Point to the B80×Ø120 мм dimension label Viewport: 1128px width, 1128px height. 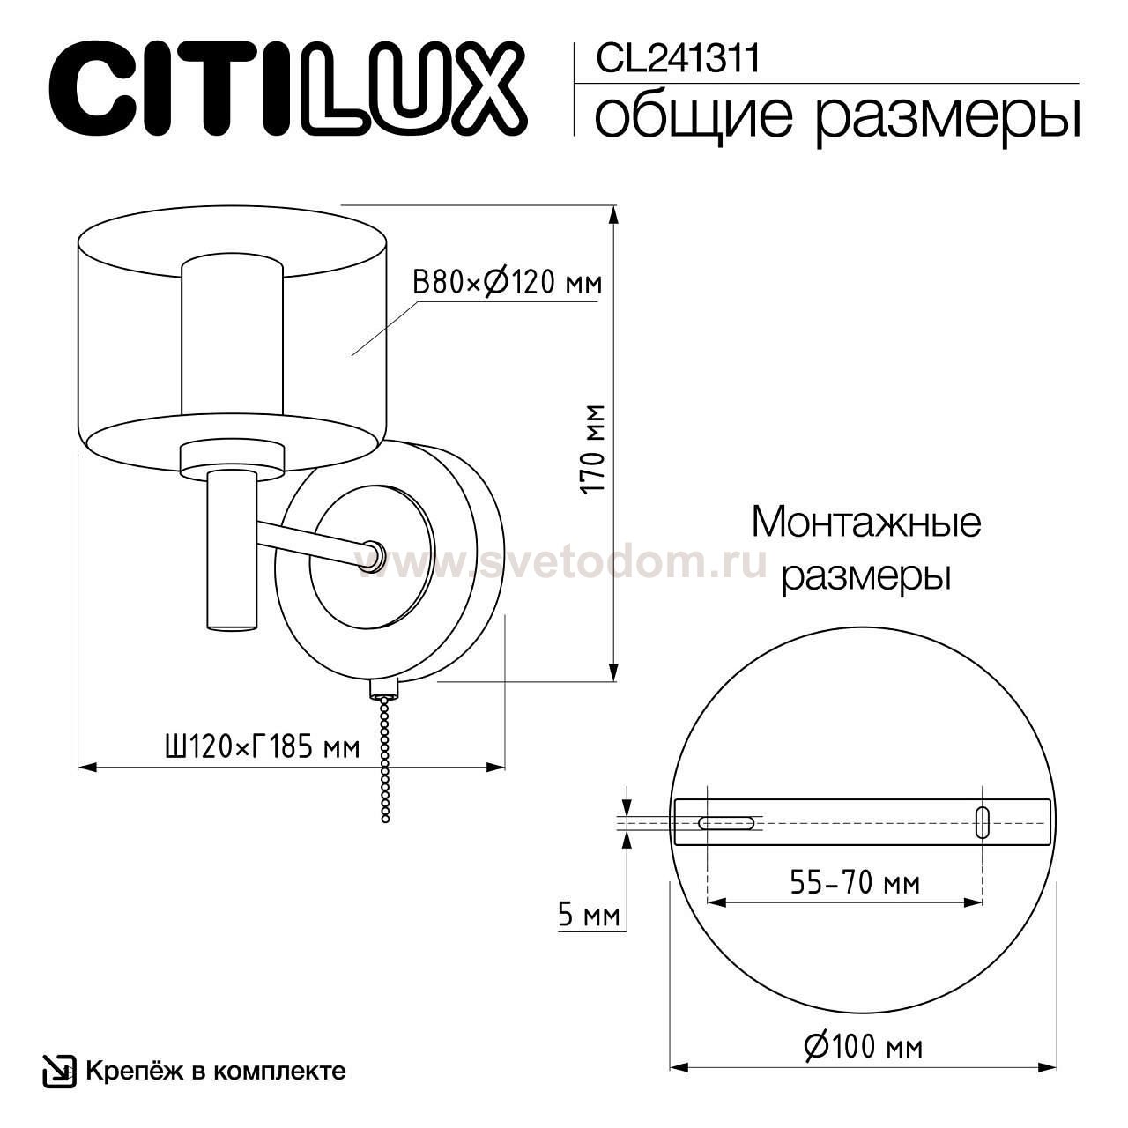pyautogui.click(x=507, y=283)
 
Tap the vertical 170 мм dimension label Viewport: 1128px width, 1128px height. pyautogui.click(x=596, y=449)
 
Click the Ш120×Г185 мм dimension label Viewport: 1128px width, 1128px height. pyautogui.click(x=262, y=747)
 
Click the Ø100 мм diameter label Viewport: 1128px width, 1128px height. pyautogui.click(x=863, y=1047)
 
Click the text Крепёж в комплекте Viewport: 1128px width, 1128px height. pyautogui.click(x=215, y=1072)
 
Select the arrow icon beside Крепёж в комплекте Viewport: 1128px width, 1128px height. pyautogui.click(x=59, y=1071)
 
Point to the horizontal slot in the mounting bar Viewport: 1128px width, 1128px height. pyautogui.click(x=725, y=822)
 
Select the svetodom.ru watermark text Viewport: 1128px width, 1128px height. pyautogui.click(x=564, y=561)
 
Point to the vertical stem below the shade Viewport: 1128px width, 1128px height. pyautogui.click(x=231, y=551)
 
